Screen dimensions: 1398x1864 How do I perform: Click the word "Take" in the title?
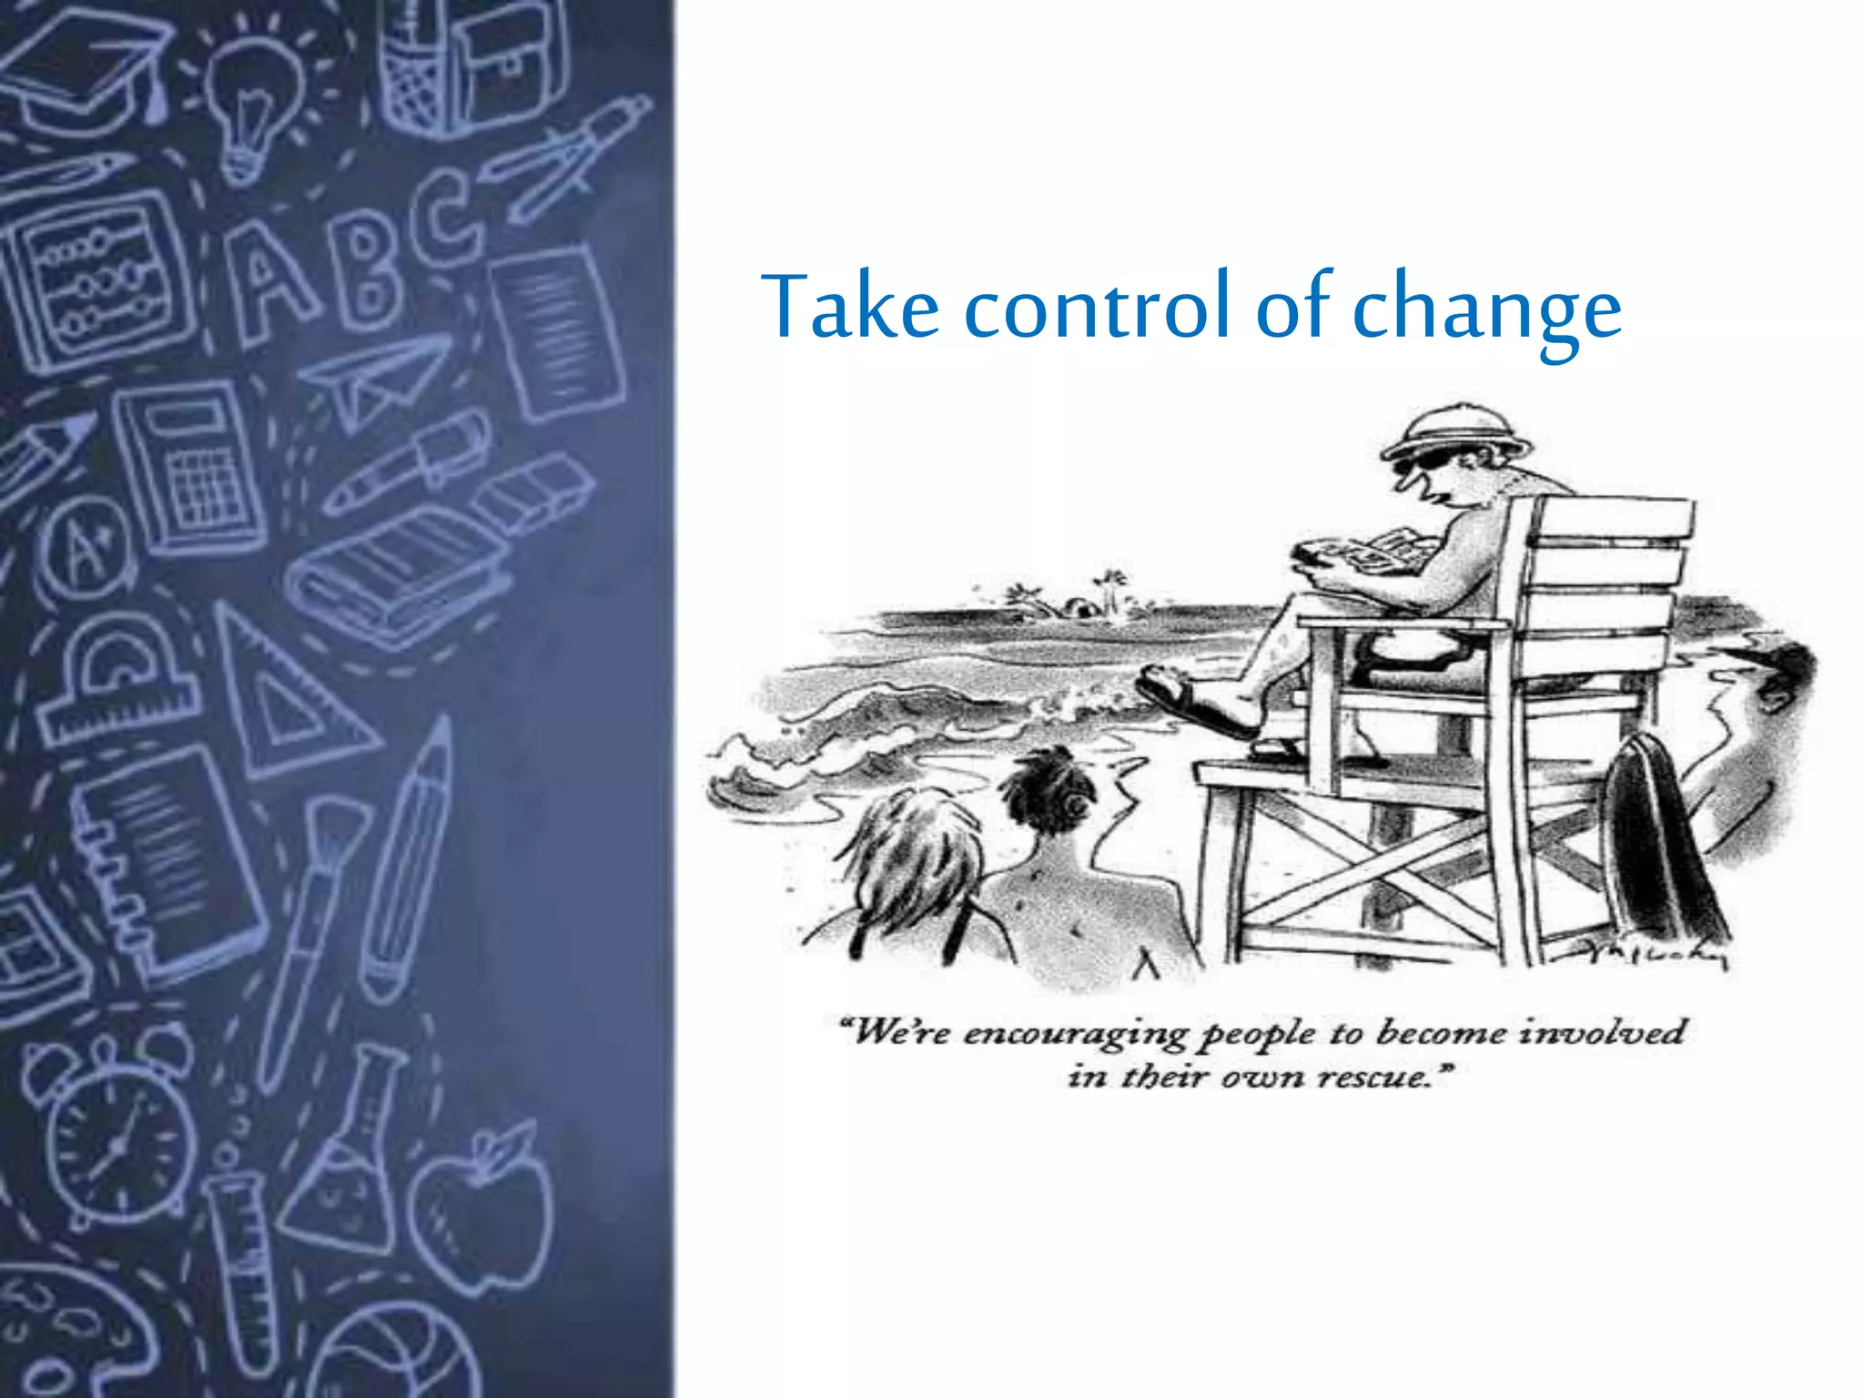pos(851,307)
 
